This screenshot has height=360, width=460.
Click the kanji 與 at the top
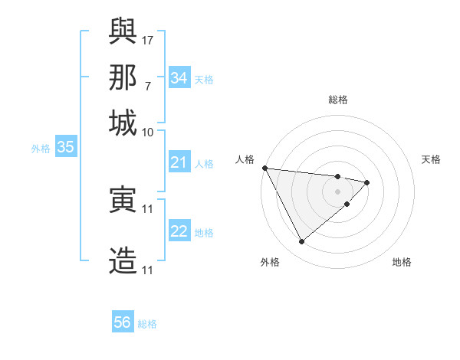pyautogui.click(x=123, y=31)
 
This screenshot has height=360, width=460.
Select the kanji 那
pyautogui.click(x=123, y=77)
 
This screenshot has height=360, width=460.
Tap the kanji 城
pyautogui.click(x=123, y=123)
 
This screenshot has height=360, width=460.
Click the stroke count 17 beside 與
pyautogui.click(x=149, y=39)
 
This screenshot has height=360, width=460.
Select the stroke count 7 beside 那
pyautogui.click(x=147, y=86)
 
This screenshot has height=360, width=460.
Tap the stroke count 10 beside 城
pyautogui.click(x=148, y=132)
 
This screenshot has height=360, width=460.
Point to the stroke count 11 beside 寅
pyautogui.click(x=149, y=208)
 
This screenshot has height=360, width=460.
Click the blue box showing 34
pyautogui.click(x=179, y=78)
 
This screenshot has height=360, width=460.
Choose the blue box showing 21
pyautogui.click(x=179, y=162)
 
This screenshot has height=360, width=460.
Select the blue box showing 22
pyautogui.click(x=179, y=231)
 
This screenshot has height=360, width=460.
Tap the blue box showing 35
pyautogui.click(x=65, y=147)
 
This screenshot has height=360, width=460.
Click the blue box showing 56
pyautogui.click(x=123, y=322)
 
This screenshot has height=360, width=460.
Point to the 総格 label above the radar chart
pyautogui.click(x=338, y=100)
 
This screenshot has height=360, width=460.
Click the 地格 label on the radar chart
pyautogui.click(x=402, y=262)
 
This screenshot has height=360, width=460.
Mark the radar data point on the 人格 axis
pyautogui.click(x=264, y=168)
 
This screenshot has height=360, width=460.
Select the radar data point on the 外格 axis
pyautogui.click(x=301, y=242)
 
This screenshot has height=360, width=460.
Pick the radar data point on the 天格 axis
pyautogui.click(x=367, y=182)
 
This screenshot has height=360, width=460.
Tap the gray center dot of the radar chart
pyautogui.click(x=337, y=191)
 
